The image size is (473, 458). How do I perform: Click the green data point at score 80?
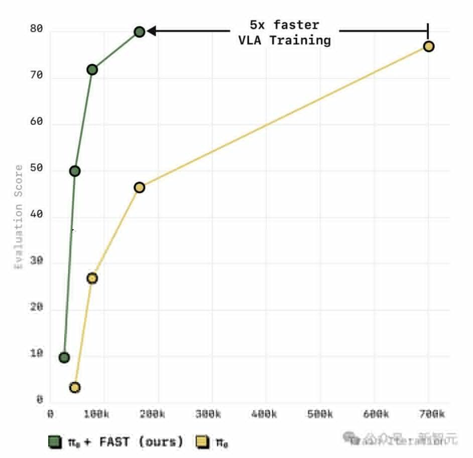140,32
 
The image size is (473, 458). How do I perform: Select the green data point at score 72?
92,69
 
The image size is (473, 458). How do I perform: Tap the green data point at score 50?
75,171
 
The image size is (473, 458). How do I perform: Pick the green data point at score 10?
64,357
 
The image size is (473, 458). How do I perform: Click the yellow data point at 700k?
428,46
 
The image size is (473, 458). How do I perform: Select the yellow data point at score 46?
140,188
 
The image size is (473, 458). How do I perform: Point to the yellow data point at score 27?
92,278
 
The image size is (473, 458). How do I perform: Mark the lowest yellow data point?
75,387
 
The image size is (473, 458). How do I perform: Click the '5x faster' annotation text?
284,25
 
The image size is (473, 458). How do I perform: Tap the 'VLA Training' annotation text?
284,40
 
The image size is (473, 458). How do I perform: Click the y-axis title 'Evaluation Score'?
19,216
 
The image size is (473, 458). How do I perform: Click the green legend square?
55,441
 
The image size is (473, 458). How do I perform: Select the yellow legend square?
202,441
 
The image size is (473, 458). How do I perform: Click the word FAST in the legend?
114,442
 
